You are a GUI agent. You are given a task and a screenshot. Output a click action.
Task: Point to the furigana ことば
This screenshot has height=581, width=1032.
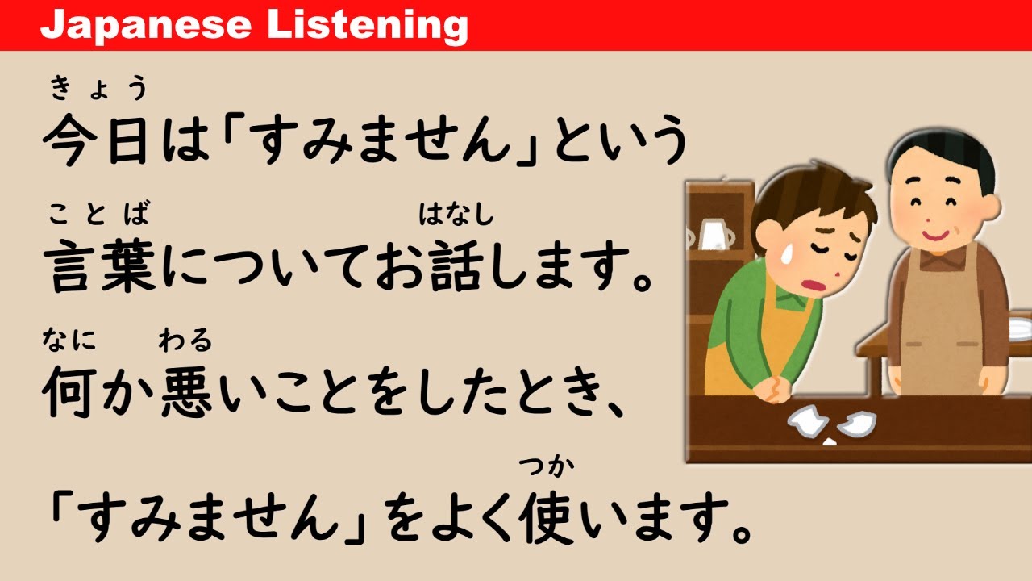tap(98, 215)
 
